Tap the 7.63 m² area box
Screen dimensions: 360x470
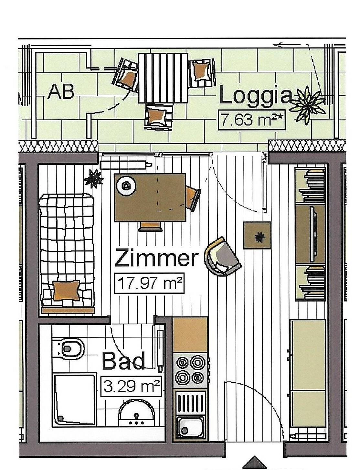click(252, 120)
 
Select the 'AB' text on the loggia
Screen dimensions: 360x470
click(61, 92)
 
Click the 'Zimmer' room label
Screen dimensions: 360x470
click(157, 257)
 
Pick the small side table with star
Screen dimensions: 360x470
click(257, 236)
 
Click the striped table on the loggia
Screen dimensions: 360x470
click(163, 78)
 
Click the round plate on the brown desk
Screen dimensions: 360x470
click(126, 185)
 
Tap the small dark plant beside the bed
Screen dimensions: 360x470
click(94, 179)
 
